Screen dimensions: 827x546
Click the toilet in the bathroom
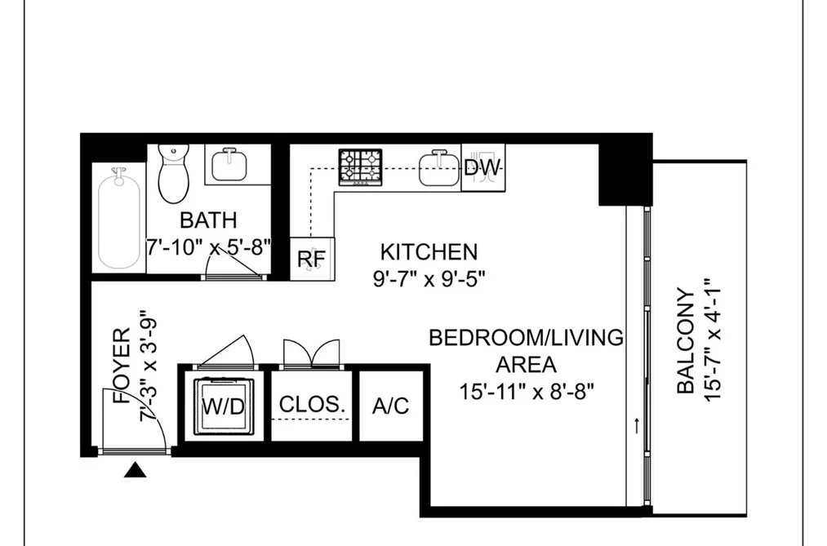pyautogui.click(x=174, y=173)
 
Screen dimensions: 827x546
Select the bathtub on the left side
pyautogui.click(x=119, y=218)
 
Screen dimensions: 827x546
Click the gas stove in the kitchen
pyautogui.click(x=362, y=166)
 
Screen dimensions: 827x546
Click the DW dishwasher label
pyautogui.click(x=482, y=167)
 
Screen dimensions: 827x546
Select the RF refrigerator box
pyautogui.click(x=312, y=259)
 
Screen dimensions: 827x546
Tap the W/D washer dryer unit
pyautogui.click(x=225, y=406)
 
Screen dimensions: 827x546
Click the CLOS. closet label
pyautogui.click(x=312, y=404)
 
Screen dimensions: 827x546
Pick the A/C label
pyautogui.click(x=390, y=406)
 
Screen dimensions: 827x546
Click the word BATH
pyautogui.click(x=208, y=220)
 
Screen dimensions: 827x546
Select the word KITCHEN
pyautogui.click(x=429, y=252)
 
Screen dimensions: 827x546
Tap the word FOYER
pyautogui.click(x=122, y=366)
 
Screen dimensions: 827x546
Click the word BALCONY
pyautogui.click(x=686, y=341)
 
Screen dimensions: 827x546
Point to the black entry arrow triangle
pyautogui.click(x=135, y=469)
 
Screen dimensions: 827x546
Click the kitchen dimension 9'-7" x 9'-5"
pyautogui.click(x=429, y=278)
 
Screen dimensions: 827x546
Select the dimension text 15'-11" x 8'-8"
pyautogui.click(x=527, y=392)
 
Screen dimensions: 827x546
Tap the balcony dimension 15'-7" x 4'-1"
pyautogui.click(x=712, y=340)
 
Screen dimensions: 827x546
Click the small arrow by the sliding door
pyautogui.click(x=637, y=426)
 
